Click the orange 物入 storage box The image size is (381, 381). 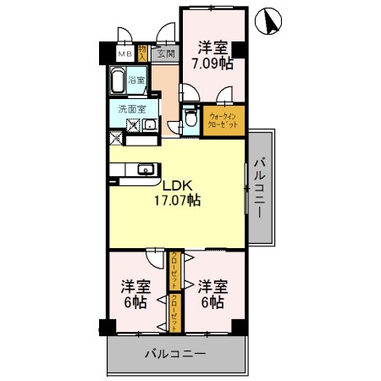point(144,53)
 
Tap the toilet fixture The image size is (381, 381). point(191,117)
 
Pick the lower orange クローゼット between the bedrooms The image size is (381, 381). point(174,311)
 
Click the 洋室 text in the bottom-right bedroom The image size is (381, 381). point(212,286)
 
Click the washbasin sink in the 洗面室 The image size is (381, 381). point(150,126)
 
